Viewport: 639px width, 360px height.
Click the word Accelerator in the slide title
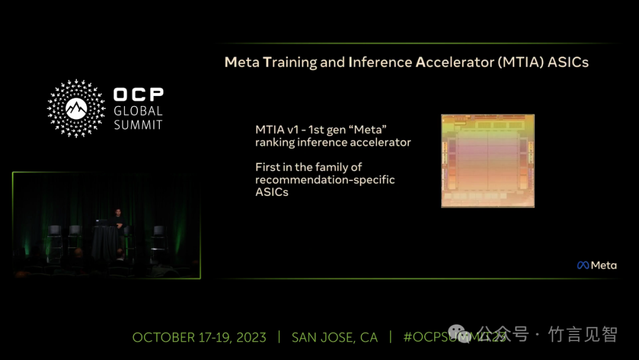click(x=454, y=62)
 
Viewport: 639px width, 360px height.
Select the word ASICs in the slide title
click(x=568, y=62)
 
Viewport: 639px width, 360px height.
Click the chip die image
click(x=488, y=160)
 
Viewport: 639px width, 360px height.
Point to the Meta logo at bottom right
click(x=597, y=265)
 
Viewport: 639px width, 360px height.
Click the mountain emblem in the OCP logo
click(x=76, y=108)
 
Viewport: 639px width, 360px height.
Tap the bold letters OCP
click(x=138, y=95)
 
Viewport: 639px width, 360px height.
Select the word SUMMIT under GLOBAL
click(x=138, y=125)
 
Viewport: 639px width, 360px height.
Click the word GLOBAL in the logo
click(x=138, y=111)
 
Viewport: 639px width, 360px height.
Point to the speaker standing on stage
click(x=118, y=229)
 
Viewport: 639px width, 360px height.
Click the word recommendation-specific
click(x=325, y=180)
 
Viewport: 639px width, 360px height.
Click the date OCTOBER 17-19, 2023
click(x=199, y=337)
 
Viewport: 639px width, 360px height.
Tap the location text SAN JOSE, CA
click(x=334, y=337)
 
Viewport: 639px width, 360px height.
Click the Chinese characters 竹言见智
click(x=583, y=335)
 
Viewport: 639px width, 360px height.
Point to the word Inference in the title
click(x=380, y=62)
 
